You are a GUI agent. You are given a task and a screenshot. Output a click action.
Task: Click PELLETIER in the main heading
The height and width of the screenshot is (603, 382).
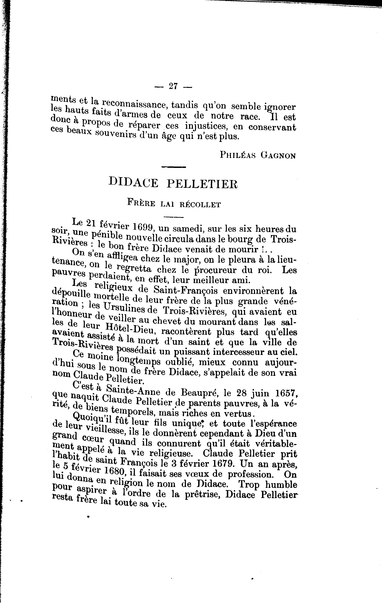(x=202, y=184)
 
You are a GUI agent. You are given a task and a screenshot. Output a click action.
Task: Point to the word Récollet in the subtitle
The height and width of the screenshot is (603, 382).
(x=200, y=205)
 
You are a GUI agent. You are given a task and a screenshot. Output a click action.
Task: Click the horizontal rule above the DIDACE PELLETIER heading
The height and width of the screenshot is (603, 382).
(x=174, y=167)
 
